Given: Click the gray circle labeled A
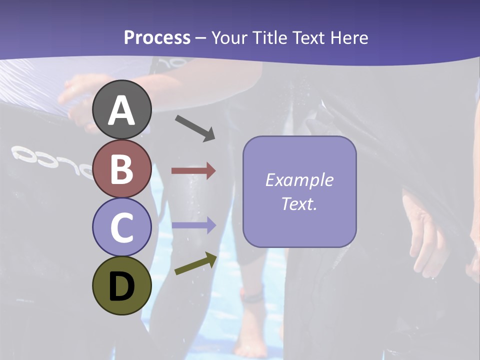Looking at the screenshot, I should [x=122, y=109].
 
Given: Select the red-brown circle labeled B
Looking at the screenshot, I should [x=122, y=168].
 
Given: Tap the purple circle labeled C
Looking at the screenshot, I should [x=122, y=227].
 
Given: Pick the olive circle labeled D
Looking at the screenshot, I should [x=122, y=286].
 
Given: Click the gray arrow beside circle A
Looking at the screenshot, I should [x=195, y=128].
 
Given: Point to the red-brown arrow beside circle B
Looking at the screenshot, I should [x=193, y=171].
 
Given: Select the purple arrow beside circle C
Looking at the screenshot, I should [x=193, y=225].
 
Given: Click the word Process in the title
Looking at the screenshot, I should [x=157, y=37].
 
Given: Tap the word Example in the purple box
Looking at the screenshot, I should [x=299, y=180].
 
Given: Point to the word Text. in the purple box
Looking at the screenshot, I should [x=299, y=203].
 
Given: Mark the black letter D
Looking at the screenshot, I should [x=122, y=287].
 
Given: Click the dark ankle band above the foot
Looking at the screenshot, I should [x=253, y=297].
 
